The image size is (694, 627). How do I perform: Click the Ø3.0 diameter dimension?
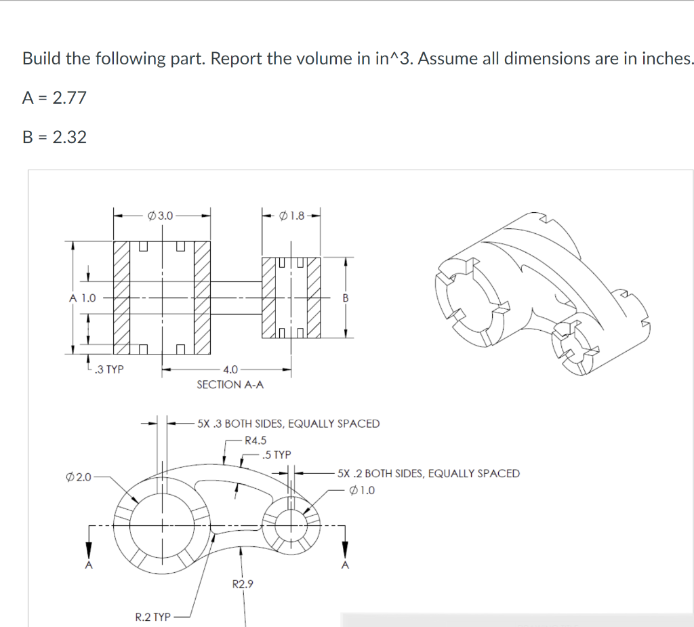tap(160, 216)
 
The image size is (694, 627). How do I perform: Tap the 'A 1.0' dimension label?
tap(82, 298)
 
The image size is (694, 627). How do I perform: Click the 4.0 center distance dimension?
tap(230, 369)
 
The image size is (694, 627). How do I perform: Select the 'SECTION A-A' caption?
tap(230, 384)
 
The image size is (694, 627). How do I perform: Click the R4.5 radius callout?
tap(256, 439)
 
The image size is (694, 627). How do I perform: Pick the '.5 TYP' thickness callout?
tap(277, 454)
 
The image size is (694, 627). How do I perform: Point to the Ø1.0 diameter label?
tap(362, 490)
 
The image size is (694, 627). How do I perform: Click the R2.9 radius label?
tap(243, 584)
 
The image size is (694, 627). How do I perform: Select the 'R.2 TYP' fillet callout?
tap(152, 617)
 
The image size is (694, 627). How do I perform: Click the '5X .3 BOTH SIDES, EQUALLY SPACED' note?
tap(288, 424)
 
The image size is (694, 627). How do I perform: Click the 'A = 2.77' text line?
tap(54, 98)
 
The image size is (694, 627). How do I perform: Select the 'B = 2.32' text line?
tap(54, 137)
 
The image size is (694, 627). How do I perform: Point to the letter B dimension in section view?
tap(345, 298)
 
